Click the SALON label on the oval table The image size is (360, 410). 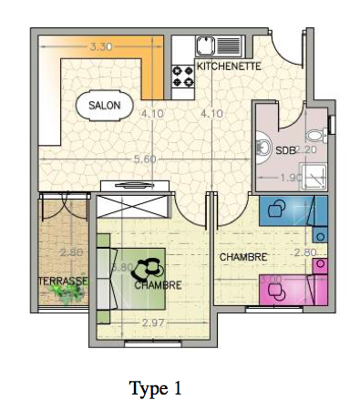click(x=104, y=106)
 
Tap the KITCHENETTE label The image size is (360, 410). click(x=230, y=67)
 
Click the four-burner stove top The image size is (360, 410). click(x=183, y=76)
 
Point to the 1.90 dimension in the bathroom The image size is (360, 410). click(x=290, y=178)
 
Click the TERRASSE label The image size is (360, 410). click(x=63, y=282)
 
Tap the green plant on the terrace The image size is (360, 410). click(x=67, y=292)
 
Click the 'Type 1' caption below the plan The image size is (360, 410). click(x=155, y=389)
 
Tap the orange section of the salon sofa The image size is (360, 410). click(x=156, y=68)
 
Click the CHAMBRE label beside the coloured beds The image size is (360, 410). click(x=242, y=258)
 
